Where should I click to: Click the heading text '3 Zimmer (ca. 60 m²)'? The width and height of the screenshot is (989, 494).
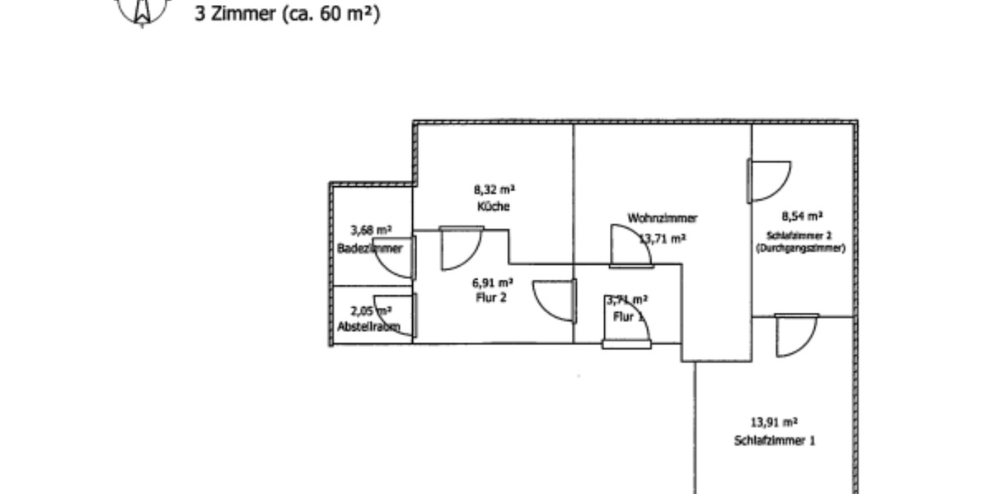coord(287,14)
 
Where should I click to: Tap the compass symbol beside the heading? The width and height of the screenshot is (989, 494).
coord(143,11)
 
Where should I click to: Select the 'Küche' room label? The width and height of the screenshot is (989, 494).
coord(493,206)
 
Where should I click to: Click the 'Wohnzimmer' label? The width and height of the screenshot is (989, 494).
coord(662,218)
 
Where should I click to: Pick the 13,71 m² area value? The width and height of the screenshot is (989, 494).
coord(663,239)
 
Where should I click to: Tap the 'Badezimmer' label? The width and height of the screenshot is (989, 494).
coord(370,249)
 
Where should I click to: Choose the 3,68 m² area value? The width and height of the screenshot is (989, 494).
coord(371,231)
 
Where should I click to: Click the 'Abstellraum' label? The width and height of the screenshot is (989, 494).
coord(368,327)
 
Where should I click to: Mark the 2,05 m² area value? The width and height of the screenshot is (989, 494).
coord(370,310)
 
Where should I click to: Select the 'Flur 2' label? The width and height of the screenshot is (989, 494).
coord(490,297)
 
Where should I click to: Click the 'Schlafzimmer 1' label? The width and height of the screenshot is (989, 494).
coord(775,440)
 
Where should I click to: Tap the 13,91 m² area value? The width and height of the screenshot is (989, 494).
coord(775,422)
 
